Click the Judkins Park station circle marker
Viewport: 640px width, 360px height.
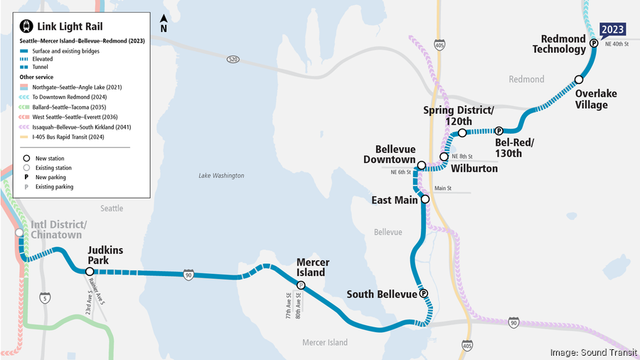coord(89,271)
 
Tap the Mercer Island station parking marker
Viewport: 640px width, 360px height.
coord(301,285)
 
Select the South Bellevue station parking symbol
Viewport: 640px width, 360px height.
coord(424,293)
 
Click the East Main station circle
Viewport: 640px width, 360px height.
coord(425,200)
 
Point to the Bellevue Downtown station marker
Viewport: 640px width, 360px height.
coord(422,166)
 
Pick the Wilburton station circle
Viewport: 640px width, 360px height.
coord(444,157)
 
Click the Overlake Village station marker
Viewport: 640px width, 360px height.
coord(579,80)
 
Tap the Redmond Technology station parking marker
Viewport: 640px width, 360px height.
coord(593,44)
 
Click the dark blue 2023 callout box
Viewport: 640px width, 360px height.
coord(613,29)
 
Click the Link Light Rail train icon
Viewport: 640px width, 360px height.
coord(27,26)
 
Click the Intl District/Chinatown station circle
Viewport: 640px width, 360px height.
coord(20,233)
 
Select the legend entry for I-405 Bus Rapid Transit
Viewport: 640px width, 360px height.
coord(64,137)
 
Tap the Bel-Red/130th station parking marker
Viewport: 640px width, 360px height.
coord(499,131)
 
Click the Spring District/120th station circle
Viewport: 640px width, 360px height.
coord(462,133)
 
